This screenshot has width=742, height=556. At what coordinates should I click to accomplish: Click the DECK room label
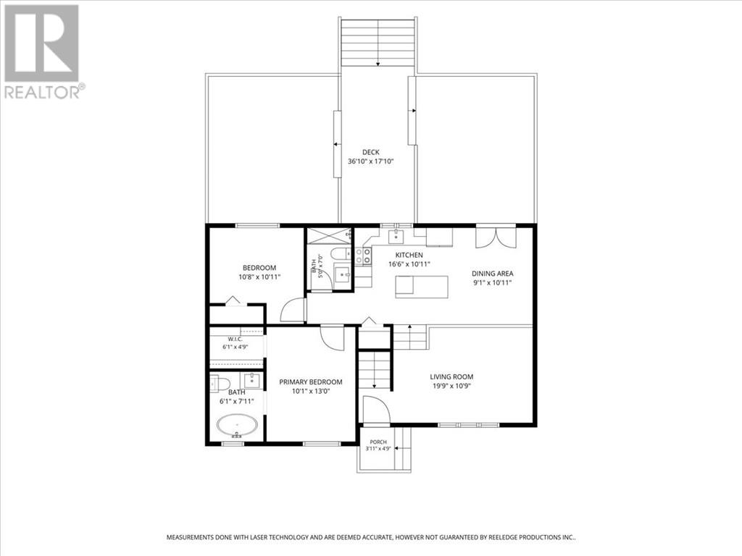point(370,152)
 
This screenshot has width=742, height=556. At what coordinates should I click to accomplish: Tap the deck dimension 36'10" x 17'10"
point(370,161)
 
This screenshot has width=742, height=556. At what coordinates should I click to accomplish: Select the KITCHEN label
point(409,256)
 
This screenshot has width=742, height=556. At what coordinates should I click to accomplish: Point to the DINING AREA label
point(492,273)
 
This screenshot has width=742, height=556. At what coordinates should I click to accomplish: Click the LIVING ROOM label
point(451,376)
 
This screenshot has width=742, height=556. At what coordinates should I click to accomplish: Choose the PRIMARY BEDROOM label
point(310,382)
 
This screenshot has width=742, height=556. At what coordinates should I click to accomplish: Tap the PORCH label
point(378,442)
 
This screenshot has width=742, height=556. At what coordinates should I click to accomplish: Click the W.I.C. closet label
point(235,340)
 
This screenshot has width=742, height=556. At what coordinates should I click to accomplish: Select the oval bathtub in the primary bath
point(238,426)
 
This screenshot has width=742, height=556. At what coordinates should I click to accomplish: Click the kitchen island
point(422,287)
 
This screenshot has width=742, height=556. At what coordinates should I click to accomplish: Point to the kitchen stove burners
point(363,256)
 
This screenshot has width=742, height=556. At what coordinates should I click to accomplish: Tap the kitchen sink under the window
point(396,236)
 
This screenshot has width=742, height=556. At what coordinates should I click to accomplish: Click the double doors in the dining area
point(496,237)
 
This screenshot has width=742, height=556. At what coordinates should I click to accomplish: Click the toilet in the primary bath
point(220,383)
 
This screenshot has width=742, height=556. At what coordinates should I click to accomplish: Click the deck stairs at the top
point(378,42)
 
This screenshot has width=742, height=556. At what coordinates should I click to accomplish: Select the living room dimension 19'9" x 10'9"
point(451,386)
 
